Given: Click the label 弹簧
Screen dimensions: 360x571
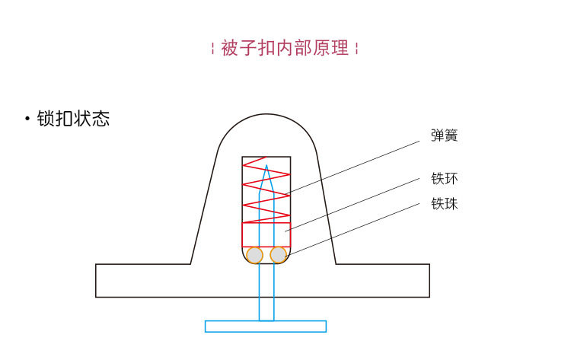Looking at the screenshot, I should pyautogui.click(x=444, y=136).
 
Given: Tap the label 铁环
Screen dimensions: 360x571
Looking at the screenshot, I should pyautogui.click(x=444, y=180).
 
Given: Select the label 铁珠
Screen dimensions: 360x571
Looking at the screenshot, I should pyautogui.click(x=444, y=204).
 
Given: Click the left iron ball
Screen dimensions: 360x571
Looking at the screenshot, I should pyautogui.click(x=254, y=255).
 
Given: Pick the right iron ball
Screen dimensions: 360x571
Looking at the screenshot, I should pyautogui.click(x=279, y=255).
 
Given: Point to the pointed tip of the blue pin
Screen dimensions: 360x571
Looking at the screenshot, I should pyautogui.click(x=266, y=165).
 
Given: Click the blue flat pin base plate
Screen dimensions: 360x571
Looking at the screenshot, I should pyautogui.click(x=266, y=327).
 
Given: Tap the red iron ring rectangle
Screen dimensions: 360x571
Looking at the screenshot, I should pyautogui.click(x=266, y=234).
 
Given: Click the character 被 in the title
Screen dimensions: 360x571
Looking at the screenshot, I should pyautogui.click(x=230, y=49).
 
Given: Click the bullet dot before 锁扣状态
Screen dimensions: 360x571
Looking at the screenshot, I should pyautogui.click(x=27, y=119).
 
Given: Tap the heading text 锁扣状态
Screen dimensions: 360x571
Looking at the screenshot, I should pyautogui.click(x=73, y=119).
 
